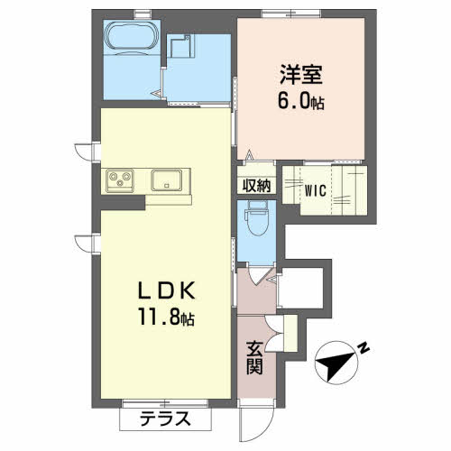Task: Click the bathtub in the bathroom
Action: pos(130,40)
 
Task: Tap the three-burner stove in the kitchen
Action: pos(120,179)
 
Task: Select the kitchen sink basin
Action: pos(167,179)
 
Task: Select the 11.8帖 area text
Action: pos(166,318)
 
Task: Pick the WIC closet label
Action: pos(315,190)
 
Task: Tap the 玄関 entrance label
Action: pos(256,357)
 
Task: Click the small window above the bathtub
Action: pos(137,13)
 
